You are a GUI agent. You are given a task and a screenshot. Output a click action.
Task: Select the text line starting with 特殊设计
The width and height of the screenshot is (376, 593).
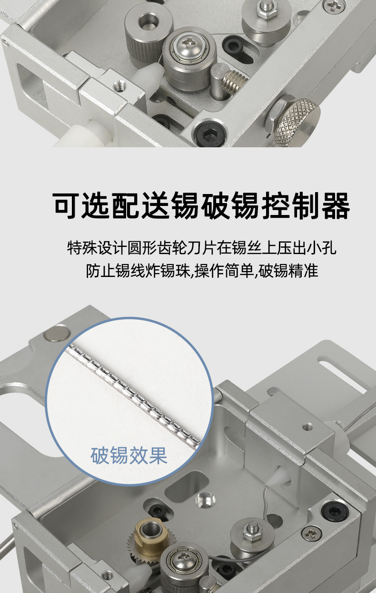(202, 248)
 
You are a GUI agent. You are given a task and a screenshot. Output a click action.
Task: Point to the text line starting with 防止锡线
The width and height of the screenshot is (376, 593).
(202, 271)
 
